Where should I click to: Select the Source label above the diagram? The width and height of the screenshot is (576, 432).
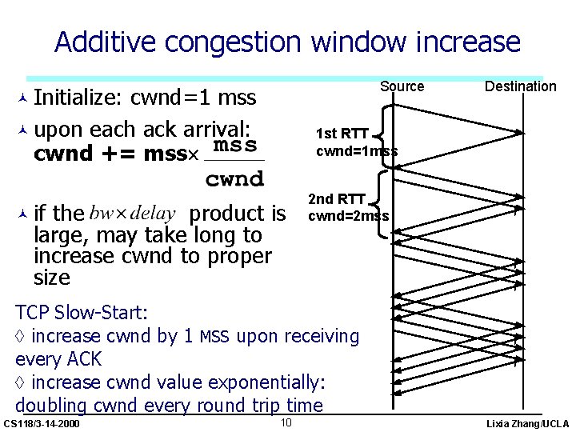[x=402, y=86]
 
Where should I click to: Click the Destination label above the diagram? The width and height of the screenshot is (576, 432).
[x=520, y=86]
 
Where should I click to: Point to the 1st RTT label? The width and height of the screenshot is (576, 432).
[x=342, y=134]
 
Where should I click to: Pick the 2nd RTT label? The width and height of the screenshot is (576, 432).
[x=337, y=199]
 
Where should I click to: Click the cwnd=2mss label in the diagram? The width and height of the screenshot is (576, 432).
[x=349, y=216]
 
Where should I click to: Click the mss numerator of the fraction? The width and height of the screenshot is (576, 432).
[x=235, y=146]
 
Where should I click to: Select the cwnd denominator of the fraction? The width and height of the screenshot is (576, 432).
[x=234, y=179]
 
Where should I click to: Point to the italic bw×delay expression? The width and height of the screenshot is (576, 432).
[x=133, y=214]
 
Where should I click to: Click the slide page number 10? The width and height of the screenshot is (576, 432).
[x=286, y=422]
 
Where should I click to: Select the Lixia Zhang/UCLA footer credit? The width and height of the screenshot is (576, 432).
[x=528, y=423]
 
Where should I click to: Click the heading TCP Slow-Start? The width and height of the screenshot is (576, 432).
[x=82, y=312]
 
